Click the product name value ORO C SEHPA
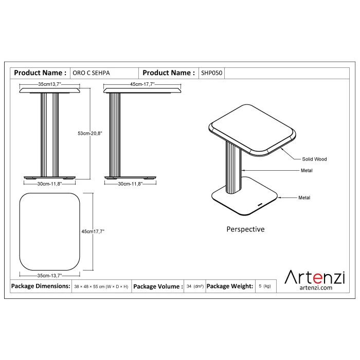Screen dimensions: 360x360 pos(91,73)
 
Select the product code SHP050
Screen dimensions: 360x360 pos(212,73)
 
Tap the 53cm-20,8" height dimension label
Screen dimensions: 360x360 pos(90,133)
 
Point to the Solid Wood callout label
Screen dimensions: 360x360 pos(314,159)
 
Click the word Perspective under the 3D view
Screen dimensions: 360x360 pos(245,229)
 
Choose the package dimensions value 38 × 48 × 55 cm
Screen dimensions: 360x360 pos(101,286)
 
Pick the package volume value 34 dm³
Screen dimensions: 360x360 pos(195,286)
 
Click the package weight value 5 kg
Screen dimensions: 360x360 pos(265,286)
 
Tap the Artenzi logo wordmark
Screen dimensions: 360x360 pos(315,277)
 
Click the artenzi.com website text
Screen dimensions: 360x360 pos(316,287)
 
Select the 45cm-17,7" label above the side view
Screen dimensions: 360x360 pos(142,84)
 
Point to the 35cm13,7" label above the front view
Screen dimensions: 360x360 pos(49,84)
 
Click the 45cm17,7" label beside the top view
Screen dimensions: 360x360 pos(93,231)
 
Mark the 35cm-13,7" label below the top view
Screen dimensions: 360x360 pos(49,276)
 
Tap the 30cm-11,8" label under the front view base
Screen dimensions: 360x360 pos(49,184)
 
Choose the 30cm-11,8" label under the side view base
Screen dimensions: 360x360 pos(130,184)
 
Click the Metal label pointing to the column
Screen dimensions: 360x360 pos(307,171)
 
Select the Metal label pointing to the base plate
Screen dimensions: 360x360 pos(304,197)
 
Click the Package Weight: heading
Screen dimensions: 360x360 pos(230,286)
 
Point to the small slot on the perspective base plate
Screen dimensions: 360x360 pos(260,204)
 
